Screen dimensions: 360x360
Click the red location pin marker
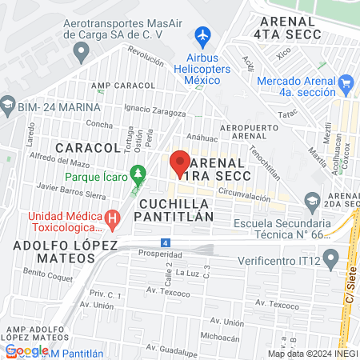pos(179,162)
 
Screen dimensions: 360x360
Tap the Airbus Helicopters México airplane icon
pos(202,36)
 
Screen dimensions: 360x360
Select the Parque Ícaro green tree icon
pos(139,171)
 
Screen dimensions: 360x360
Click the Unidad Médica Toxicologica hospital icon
pos(113,217)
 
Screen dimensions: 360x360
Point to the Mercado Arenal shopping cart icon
pos(346,82)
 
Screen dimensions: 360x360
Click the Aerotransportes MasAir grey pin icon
pos(80,53)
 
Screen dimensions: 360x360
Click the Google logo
pos(27,350)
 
